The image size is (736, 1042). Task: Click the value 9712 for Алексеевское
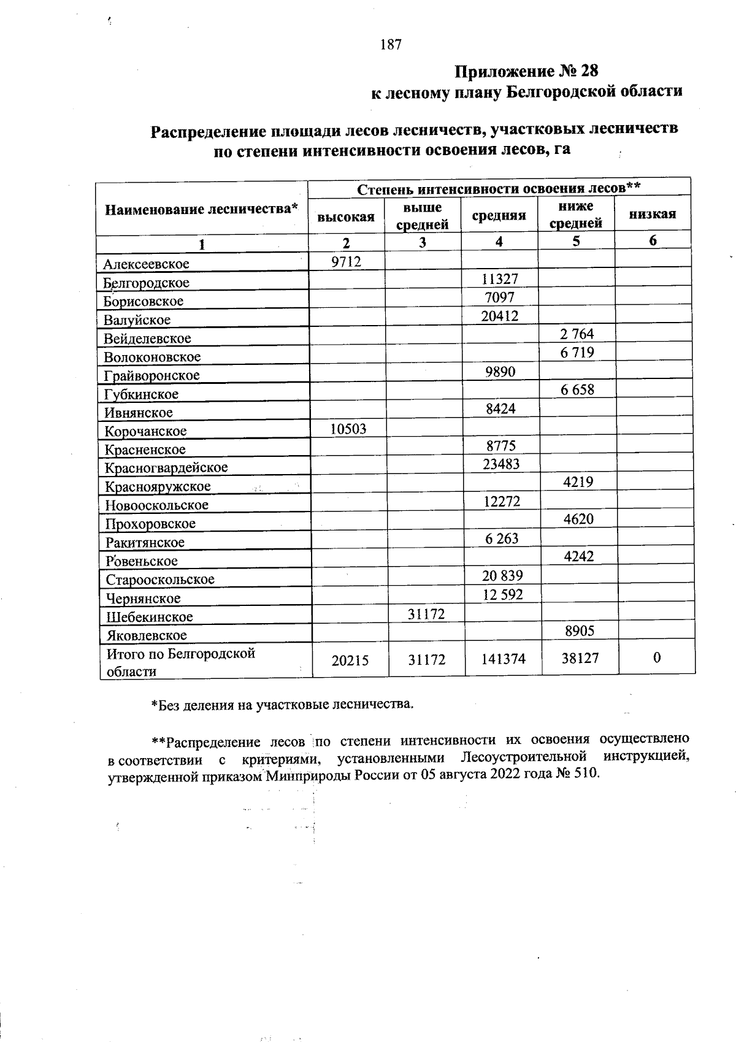pos(347,262)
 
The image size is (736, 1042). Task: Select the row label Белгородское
pos(146,283)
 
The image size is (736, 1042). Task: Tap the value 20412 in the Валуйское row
pos(500,316)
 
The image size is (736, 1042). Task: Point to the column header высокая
pos(346,216)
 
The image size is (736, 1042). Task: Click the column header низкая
pos(653,214)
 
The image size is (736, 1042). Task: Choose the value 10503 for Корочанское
pos(348,429)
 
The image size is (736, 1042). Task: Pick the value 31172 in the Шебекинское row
pos(426,614)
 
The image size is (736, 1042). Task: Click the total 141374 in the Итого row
pos(503,659)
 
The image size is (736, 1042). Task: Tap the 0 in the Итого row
pos(657,658)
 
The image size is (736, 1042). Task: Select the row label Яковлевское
pos(146,635)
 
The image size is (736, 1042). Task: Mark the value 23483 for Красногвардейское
pos(501,464)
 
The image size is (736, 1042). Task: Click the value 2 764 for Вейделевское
pos(577,334)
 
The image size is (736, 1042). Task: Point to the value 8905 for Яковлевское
pos(578,631)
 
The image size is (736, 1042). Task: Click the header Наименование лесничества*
pos(202,210)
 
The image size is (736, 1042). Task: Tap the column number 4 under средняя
pos(499,242)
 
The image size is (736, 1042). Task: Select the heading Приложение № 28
pos(526,72)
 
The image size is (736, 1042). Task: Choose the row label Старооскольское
pos(160,580)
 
